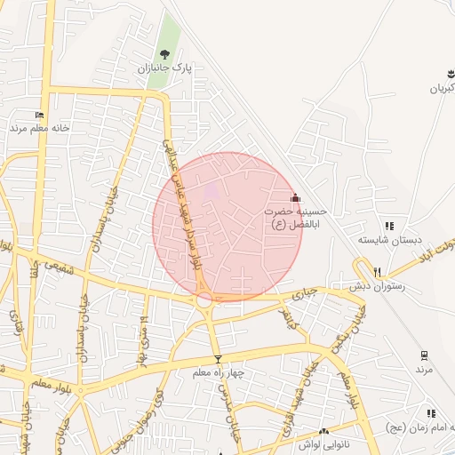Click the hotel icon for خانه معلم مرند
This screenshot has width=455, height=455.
pos(38,115)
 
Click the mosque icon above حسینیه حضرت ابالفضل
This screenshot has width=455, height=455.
pos(296,197)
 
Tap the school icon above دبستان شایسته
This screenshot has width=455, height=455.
pos(389,227)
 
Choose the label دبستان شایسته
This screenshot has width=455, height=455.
pos(387,240)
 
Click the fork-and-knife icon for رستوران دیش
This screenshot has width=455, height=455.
pos(378,272)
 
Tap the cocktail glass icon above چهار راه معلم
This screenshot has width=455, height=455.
pos(218,359)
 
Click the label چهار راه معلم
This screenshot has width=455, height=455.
pos(218,372)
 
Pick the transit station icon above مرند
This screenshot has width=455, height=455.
pos(424,355)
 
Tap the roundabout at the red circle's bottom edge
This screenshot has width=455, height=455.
pos(204,300)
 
